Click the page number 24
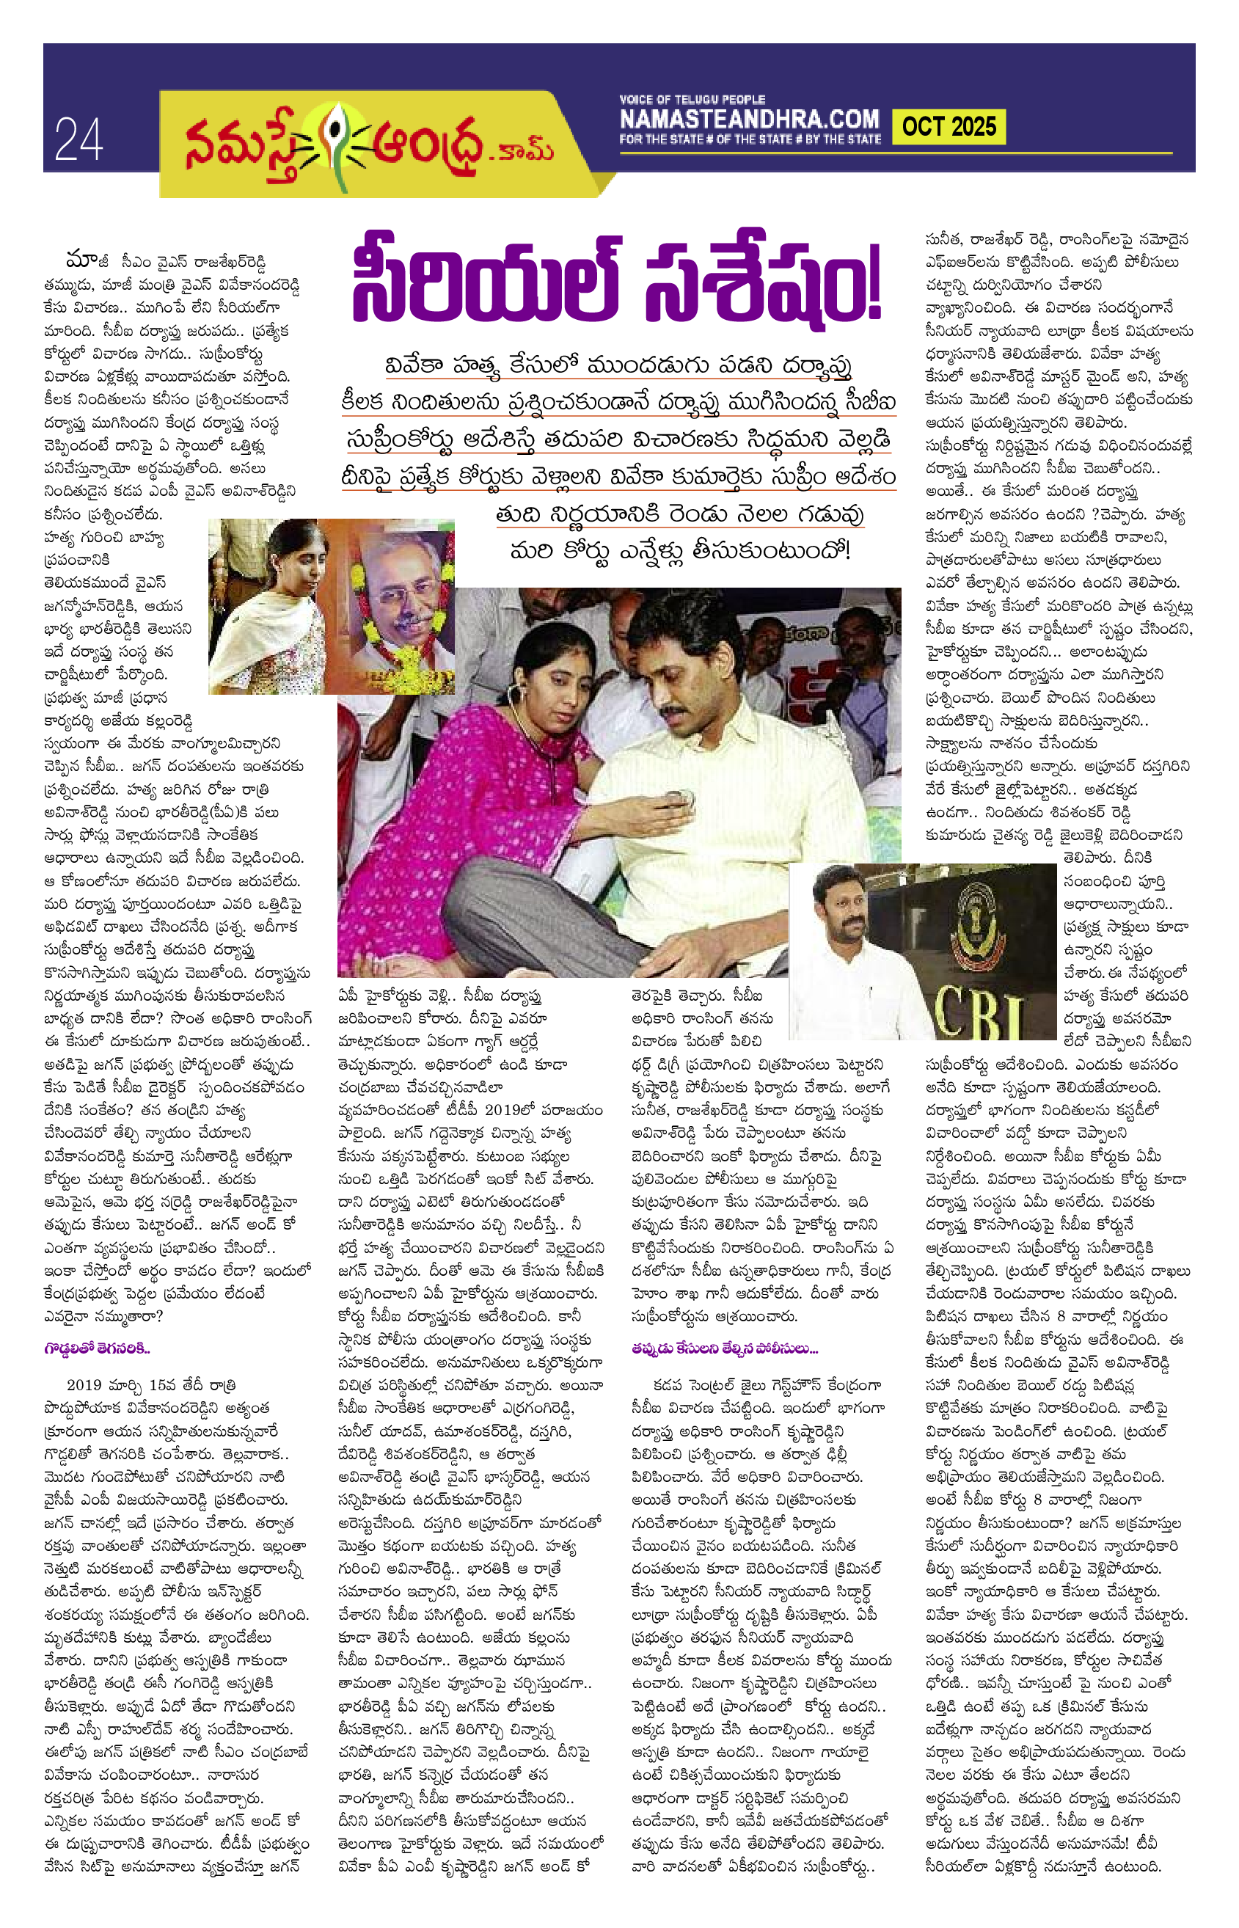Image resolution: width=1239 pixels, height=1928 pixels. point(78,139)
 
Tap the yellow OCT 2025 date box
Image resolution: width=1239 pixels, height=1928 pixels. point(949,126)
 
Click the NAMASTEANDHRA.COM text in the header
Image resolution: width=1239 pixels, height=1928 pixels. point(749,120)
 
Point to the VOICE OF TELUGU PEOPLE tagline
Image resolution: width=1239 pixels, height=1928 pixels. point(692,100)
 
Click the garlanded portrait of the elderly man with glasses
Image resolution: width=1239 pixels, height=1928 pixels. point(399,592)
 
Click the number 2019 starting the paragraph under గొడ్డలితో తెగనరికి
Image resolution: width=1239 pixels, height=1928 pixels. point(84,1385)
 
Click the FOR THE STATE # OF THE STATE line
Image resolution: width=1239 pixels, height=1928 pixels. point(749,139)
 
